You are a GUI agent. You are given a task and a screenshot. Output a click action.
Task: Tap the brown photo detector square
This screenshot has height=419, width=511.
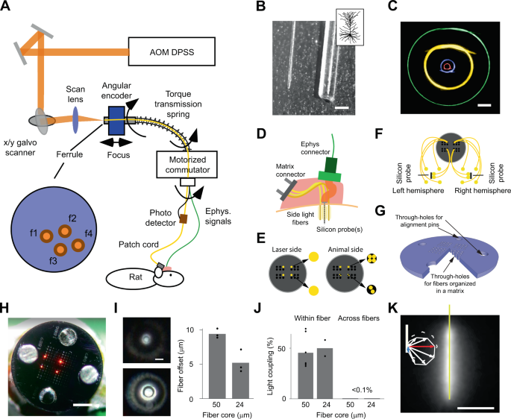(182, 221)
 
